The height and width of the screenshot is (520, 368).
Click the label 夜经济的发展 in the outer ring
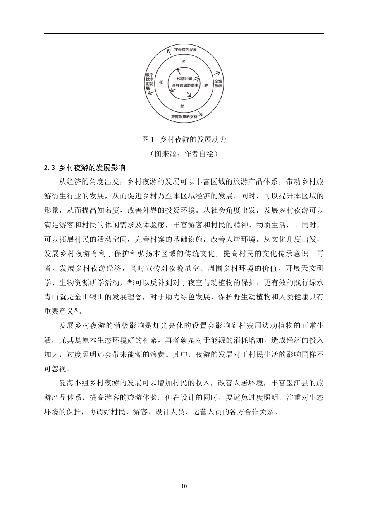186,50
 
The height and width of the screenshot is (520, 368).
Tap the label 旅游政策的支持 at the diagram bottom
184,116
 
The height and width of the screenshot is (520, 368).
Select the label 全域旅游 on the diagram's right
218,84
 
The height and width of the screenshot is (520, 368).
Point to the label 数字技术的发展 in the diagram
149,81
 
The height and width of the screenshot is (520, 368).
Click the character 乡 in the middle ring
184,62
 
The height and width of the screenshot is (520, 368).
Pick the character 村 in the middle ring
182,106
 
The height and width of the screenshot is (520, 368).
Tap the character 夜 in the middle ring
161,82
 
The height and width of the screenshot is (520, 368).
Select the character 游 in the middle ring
206,85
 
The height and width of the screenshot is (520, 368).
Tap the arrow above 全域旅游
217,73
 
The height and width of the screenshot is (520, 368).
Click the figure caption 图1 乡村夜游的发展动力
184,139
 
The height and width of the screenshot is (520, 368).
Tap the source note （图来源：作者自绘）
184,154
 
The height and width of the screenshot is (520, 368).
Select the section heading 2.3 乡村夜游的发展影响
85,168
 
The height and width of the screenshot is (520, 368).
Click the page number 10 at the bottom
184,486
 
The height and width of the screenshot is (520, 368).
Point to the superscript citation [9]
76,310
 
